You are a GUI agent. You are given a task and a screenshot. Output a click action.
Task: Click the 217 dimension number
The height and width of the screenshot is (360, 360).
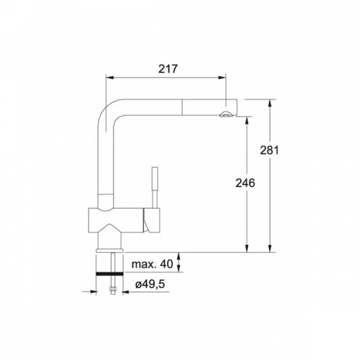(x=168, y=68)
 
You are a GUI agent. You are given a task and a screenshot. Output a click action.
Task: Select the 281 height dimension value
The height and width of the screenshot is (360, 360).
(x=269, y=150)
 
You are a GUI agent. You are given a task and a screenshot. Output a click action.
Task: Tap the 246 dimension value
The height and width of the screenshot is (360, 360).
(x=245, y=183)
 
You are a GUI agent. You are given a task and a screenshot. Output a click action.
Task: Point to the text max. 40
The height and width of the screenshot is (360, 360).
(x=152, y=264)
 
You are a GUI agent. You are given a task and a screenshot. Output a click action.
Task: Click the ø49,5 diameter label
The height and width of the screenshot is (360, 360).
(x=150, y=284)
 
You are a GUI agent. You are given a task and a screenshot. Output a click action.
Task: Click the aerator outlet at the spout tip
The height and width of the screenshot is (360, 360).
(x=226, y=114)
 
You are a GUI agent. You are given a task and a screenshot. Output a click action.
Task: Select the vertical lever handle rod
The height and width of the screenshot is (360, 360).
(x=155, y=187)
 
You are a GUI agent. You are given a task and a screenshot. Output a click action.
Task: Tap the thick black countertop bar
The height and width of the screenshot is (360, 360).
(x=110, y=274)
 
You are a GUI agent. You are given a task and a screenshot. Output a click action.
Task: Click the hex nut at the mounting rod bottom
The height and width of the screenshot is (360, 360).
(x=113, y=290)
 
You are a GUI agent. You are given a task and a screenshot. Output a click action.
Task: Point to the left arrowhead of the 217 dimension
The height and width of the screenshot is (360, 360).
(x=110, y=78)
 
